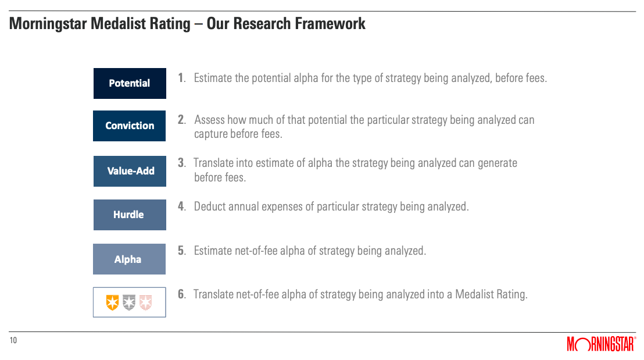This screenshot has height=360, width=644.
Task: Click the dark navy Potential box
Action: coord(130,83)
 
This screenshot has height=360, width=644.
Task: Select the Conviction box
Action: coord(130,126)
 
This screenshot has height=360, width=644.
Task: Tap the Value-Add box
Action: coord(130,172)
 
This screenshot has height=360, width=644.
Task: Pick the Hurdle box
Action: coord(130,215)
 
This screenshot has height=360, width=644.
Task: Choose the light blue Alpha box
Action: coord(130,259)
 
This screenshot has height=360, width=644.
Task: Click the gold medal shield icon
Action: coord(112,302)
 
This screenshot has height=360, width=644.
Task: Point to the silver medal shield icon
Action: coord(129,302)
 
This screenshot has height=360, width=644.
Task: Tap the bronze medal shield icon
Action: coord(146,302)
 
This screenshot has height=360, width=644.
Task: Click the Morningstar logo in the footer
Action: coord(602,344)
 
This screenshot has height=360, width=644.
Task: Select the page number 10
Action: coord(13,340)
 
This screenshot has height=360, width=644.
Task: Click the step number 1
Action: coord(181,78)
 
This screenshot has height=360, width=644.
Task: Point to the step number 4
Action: coord(181,206)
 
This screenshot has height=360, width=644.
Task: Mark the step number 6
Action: coord(181,294)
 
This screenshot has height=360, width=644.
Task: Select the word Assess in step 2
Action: coord(209,120)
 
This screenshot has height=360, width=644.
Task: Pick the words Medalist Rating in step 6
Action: coord(491,294)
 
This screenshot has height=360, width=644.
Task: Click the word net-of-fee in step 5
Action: coord(256,251)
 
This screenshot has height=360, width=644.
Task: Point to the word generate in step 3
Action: coord(498,163)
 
